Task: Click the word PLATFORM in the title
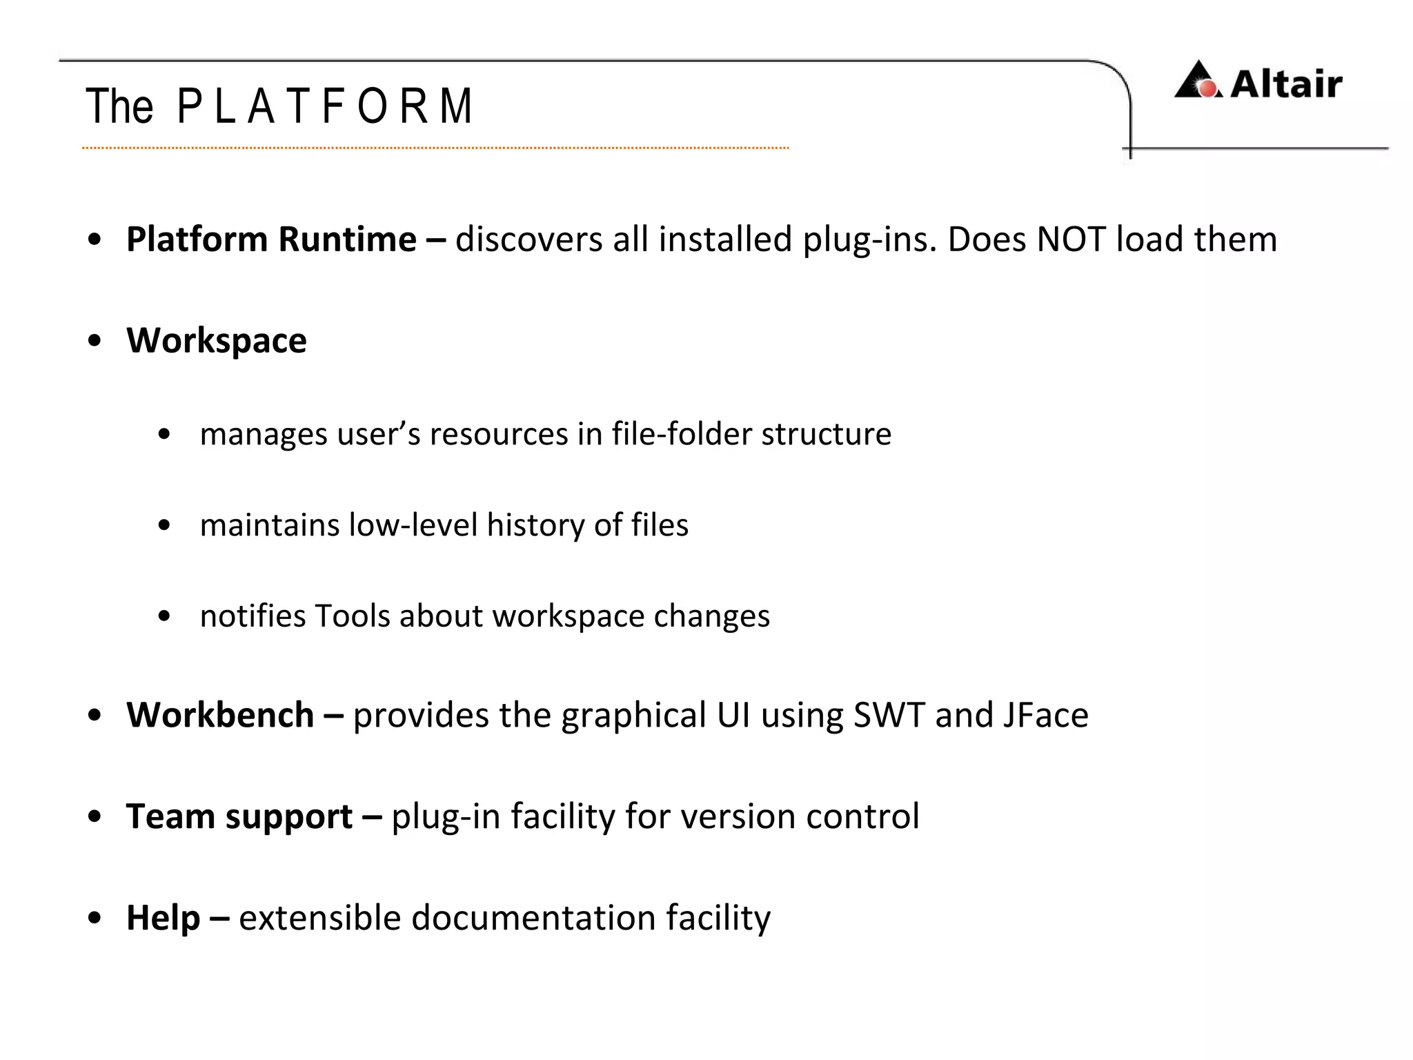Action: (x=324, y=106)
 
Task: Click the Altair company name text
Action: (x=1286, y=84)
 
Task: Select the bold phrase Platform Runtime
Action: (x=271, y=239)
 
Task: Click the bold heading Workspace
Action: (x=216, y=340)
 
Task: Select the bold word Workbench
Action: (x=220, y=715)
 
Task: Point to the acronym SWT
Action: (x=889, y=715)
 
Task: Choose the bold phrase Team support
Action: (x=239, y=816)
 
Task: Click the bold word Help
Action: (x=163, y=918)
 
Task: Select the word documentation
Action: (x=533, y=918)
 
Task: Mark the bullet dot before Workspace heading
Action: (x=95, y=341)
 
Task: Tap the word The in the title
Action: (x=119, y=106)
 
